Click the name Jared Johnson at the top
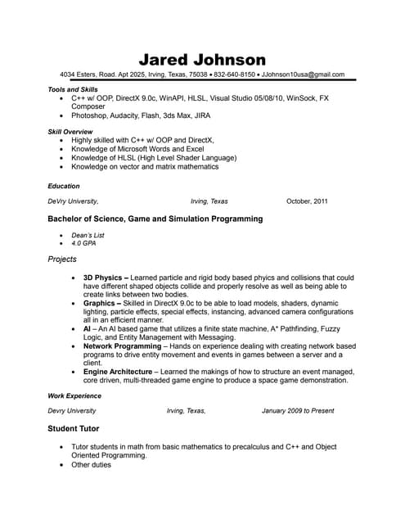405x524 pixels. (x=202, y=59)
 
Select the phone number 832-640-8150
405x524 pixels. (x=235, y=75)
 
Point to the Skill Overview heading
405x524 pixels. (x=70, y=132)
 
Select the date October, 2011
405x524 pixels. (x=307, y=201)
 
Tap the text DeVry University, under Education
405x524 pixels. (x=74, y=201)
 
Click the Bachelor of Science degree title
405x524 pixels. (x=155, y=219)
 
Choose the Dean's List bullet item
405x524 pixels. (x=88, y=235)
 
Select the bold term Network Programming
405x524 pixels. (x=122, y=346)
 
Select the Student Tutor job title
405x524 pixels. (x=78, y=428)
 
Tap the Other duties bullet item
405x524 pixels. (x=91, y=464)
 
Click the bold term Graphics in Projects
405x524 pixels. (x=101, y=303)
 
